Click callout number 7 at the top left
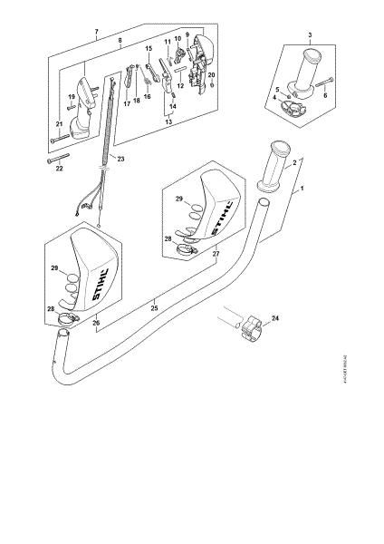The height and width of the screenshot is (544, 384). coord(96,34)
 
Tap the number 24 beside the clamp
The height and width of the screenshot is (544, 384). coord(275,317)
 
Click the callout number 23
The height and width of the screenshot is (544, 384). coord(120,159)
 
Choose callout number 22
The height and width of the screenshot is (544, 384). coord(61,169)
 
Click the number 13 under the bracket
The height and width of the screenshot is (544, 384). coord(168,120)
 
